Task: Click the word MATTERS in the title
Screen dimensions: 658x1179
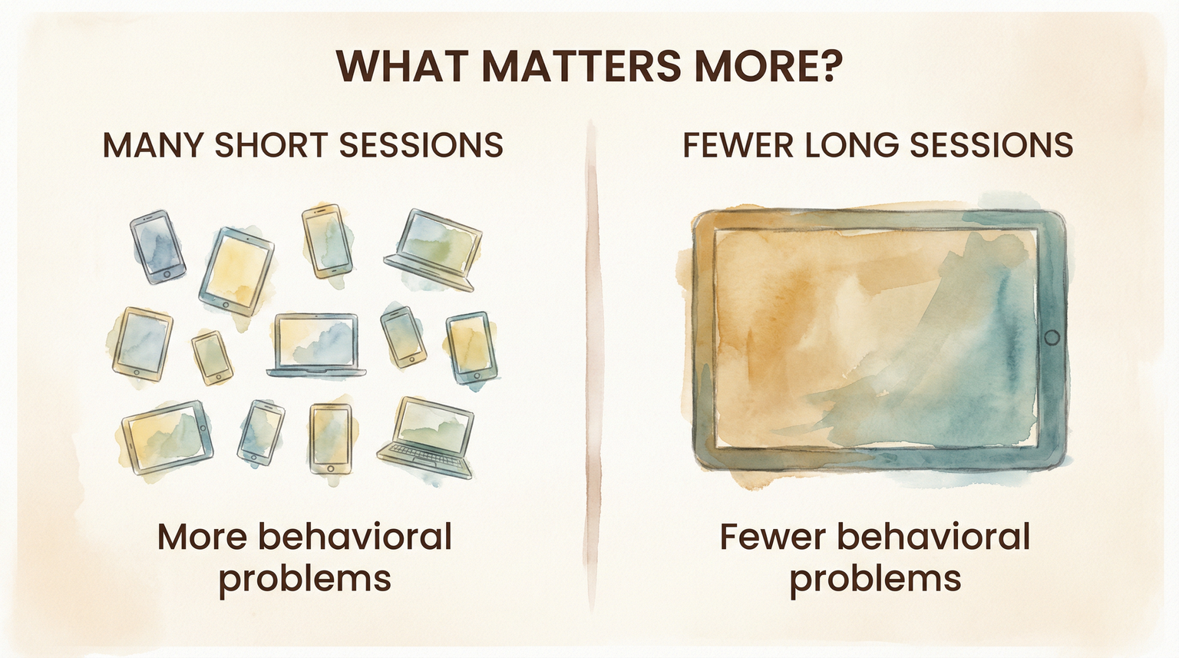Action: coord(581,66)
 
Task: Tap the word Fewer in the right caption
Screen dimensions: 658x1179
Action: coord(772,537)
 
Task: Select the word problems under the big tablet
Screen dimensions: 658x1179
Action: coord(875,577)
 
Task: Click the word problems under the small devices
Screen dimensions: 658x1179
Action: coord(305,577)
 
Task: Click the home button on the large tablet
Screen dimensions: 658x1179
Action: coord(1052,337)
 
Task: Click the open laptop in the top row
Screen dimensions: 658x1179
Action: coord(434,250)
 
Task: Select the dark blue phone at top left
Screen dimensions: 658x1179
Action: coord(157,246)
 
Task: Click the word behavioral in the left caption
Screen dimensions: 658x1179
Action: coord(355,537)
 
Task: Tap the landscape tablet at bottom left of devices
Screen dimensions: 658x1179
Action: coord(167,435)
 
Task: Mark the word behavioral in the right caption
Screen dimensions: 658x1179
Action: coord(933,537)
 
